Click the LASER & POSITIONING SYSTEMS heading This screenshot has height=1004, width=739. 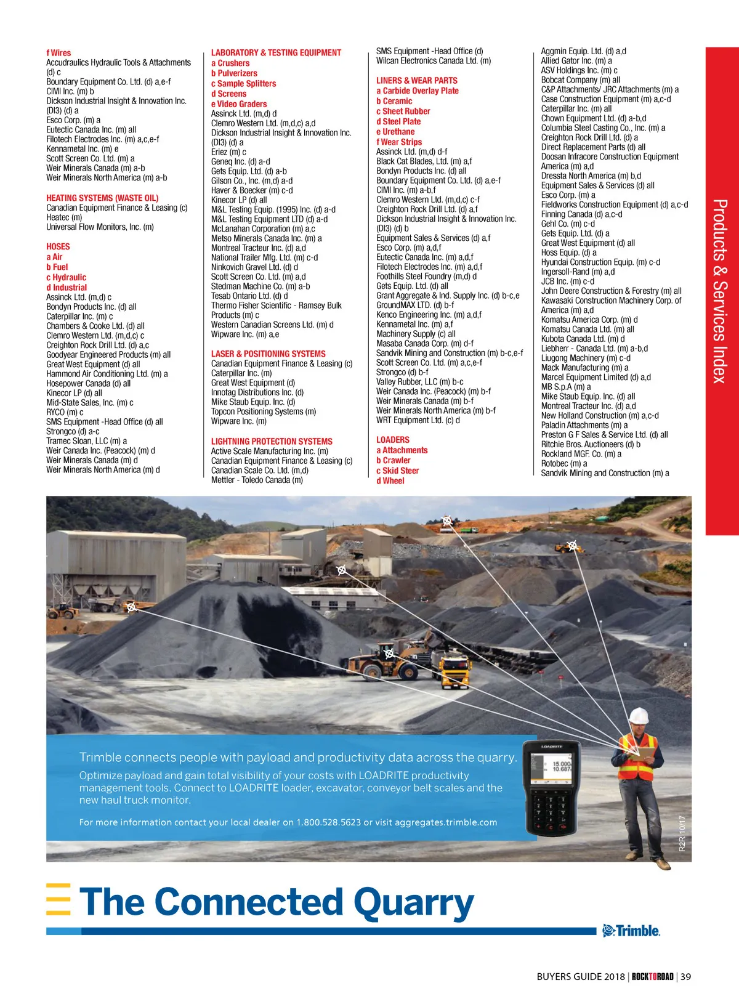pyautogui.click(x=268, y=354)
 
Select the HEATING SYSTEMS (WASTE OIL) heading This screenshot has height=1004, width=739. pyautogui.click(x=102, y=198)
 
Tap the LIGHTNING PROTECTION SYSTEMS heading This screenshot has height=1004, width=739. pyautogui.click(x=272, y=441)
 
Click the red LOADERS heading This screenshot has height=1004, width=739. pyautogui.click(x=393, y=440)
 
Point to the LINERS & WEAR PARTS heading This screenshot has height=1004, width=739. pyautogui.click(x=417, y=80)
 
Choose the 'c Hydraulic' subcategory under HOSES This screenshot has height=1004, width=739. pyautogui.click(x=67, y=277)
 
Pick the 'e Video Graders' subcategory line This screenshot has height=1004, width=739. pyautogui.click(x=239, y=104)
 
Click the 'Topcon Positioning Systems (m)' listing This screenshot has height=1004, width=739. pyautogui.click(x=264, y=411)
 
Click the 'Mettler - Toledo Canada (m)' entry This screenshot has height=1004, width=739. pyautogui.click(x=257, y=480)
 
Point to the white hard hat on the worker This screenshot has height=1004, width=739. pyautogui.click(x=638, y=715)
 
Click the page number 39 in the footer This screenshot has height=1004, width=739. pyautogui.click(x=685, y=976)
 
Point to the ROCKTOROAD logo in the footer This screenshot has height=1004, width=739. pyautogui.click(x=652, y=976)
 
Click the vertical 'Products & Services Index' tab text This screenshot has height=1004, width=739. pyautogui.click(x=720, y=291)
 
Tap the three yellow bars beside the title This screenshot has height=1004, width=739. pyautogui.click(x=59, y=900)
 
